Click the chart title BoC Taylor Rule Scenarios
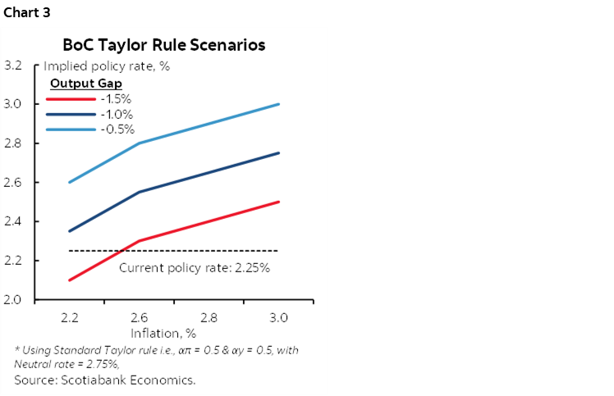[x=164, y=45]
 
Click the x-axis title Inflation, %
[x=163, y=333]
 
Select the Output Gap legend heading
[x=86, y=84]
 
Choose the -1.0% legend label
[x=117, y=114]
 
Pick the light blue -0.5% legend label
[x=117, y=129]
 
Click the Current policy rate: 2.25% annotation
[x=195, y=267]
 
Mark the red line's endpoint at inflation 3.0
[x=279, y=202]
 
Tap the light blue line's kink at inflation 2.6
[x=140, y=143]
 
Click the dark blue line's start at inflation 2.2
[x=70, y=231]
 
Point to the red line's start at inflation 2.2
[x=70, y=280]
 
